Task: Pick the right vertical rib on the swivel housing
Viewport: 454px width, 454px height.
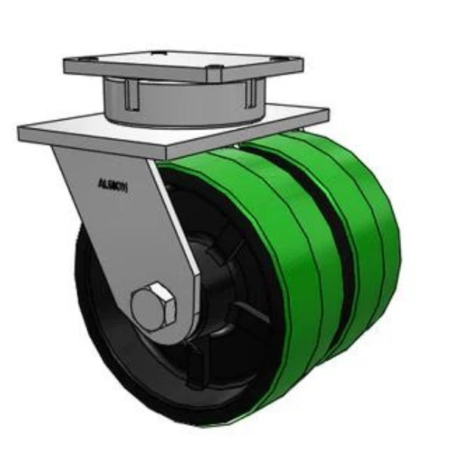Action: tap(248, 91)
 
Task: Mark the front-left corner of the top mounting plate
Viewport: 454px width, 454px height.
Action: tap(67, 68)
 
